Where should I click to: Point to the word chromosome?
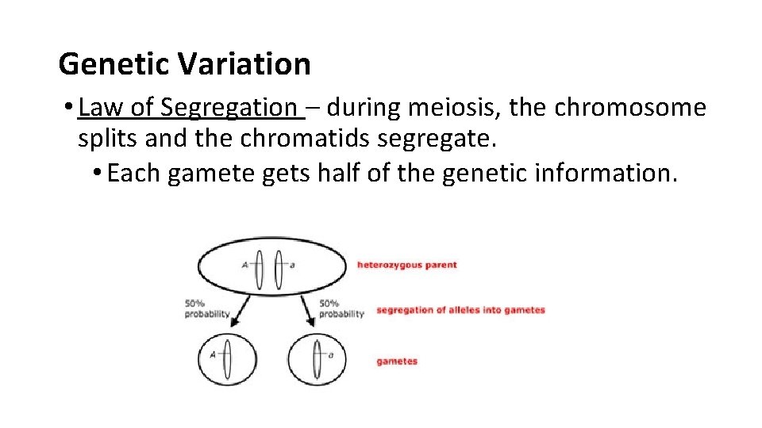[630, 107]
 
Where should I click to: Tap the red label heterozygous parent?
[406, 265]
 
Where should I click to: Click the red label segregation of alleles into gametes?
[460, 310]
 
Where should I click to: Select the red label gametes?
[397, 361]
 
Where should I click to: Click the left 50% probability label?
[207, 308]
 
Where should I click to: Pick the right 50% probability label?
[341, 308]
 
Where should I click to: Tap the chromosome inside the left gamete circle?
[228, 359]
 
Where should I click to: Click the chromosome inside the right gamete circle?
[316, 359]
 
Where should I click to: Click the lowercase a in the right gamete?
[330, 356]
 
